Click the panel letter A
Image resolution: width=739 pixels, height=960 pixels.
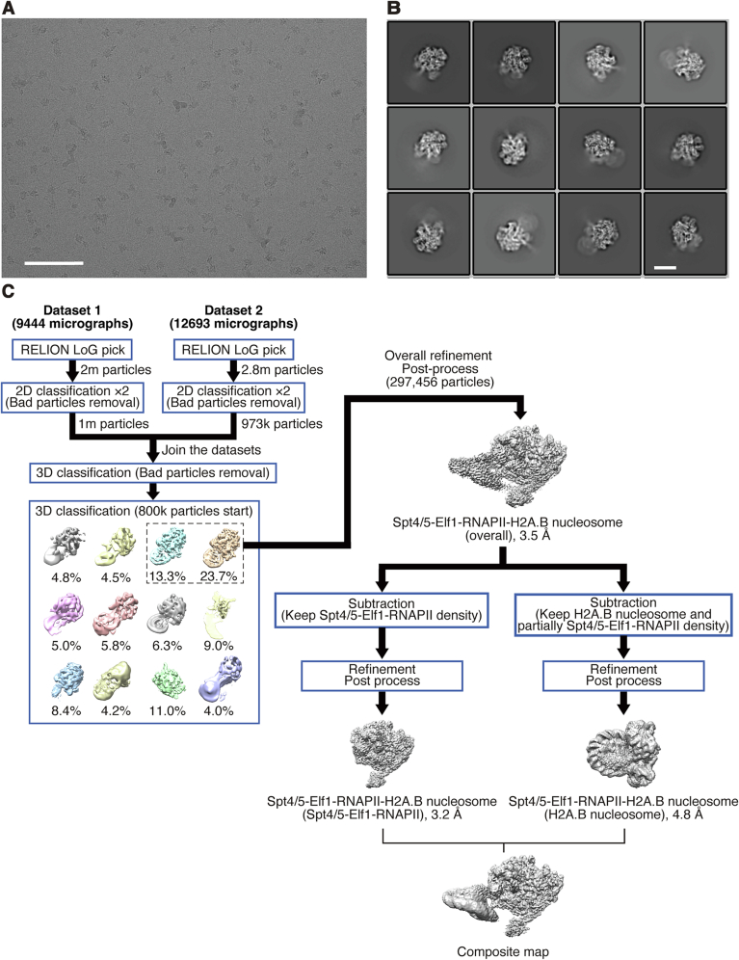pos(8,9)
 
